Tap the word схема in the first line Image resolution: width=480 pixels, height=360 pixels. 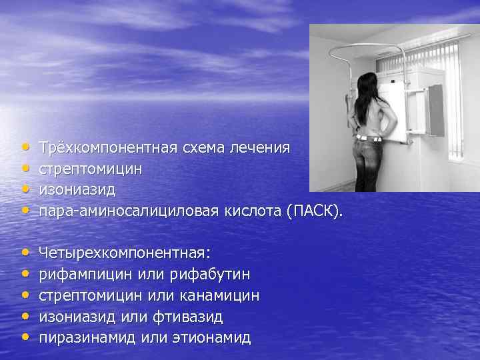click(203, 147)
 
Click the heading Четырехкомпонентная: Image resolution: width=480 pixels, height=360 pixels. click(125, 253)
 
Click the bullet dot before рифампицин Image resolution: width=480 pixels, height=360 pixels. click(25, 274)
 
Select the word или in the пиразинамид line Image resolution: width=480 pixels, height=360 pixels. click(153, 338)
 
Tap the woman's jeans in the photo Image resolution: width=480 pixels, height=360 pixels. click(368, 163)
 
